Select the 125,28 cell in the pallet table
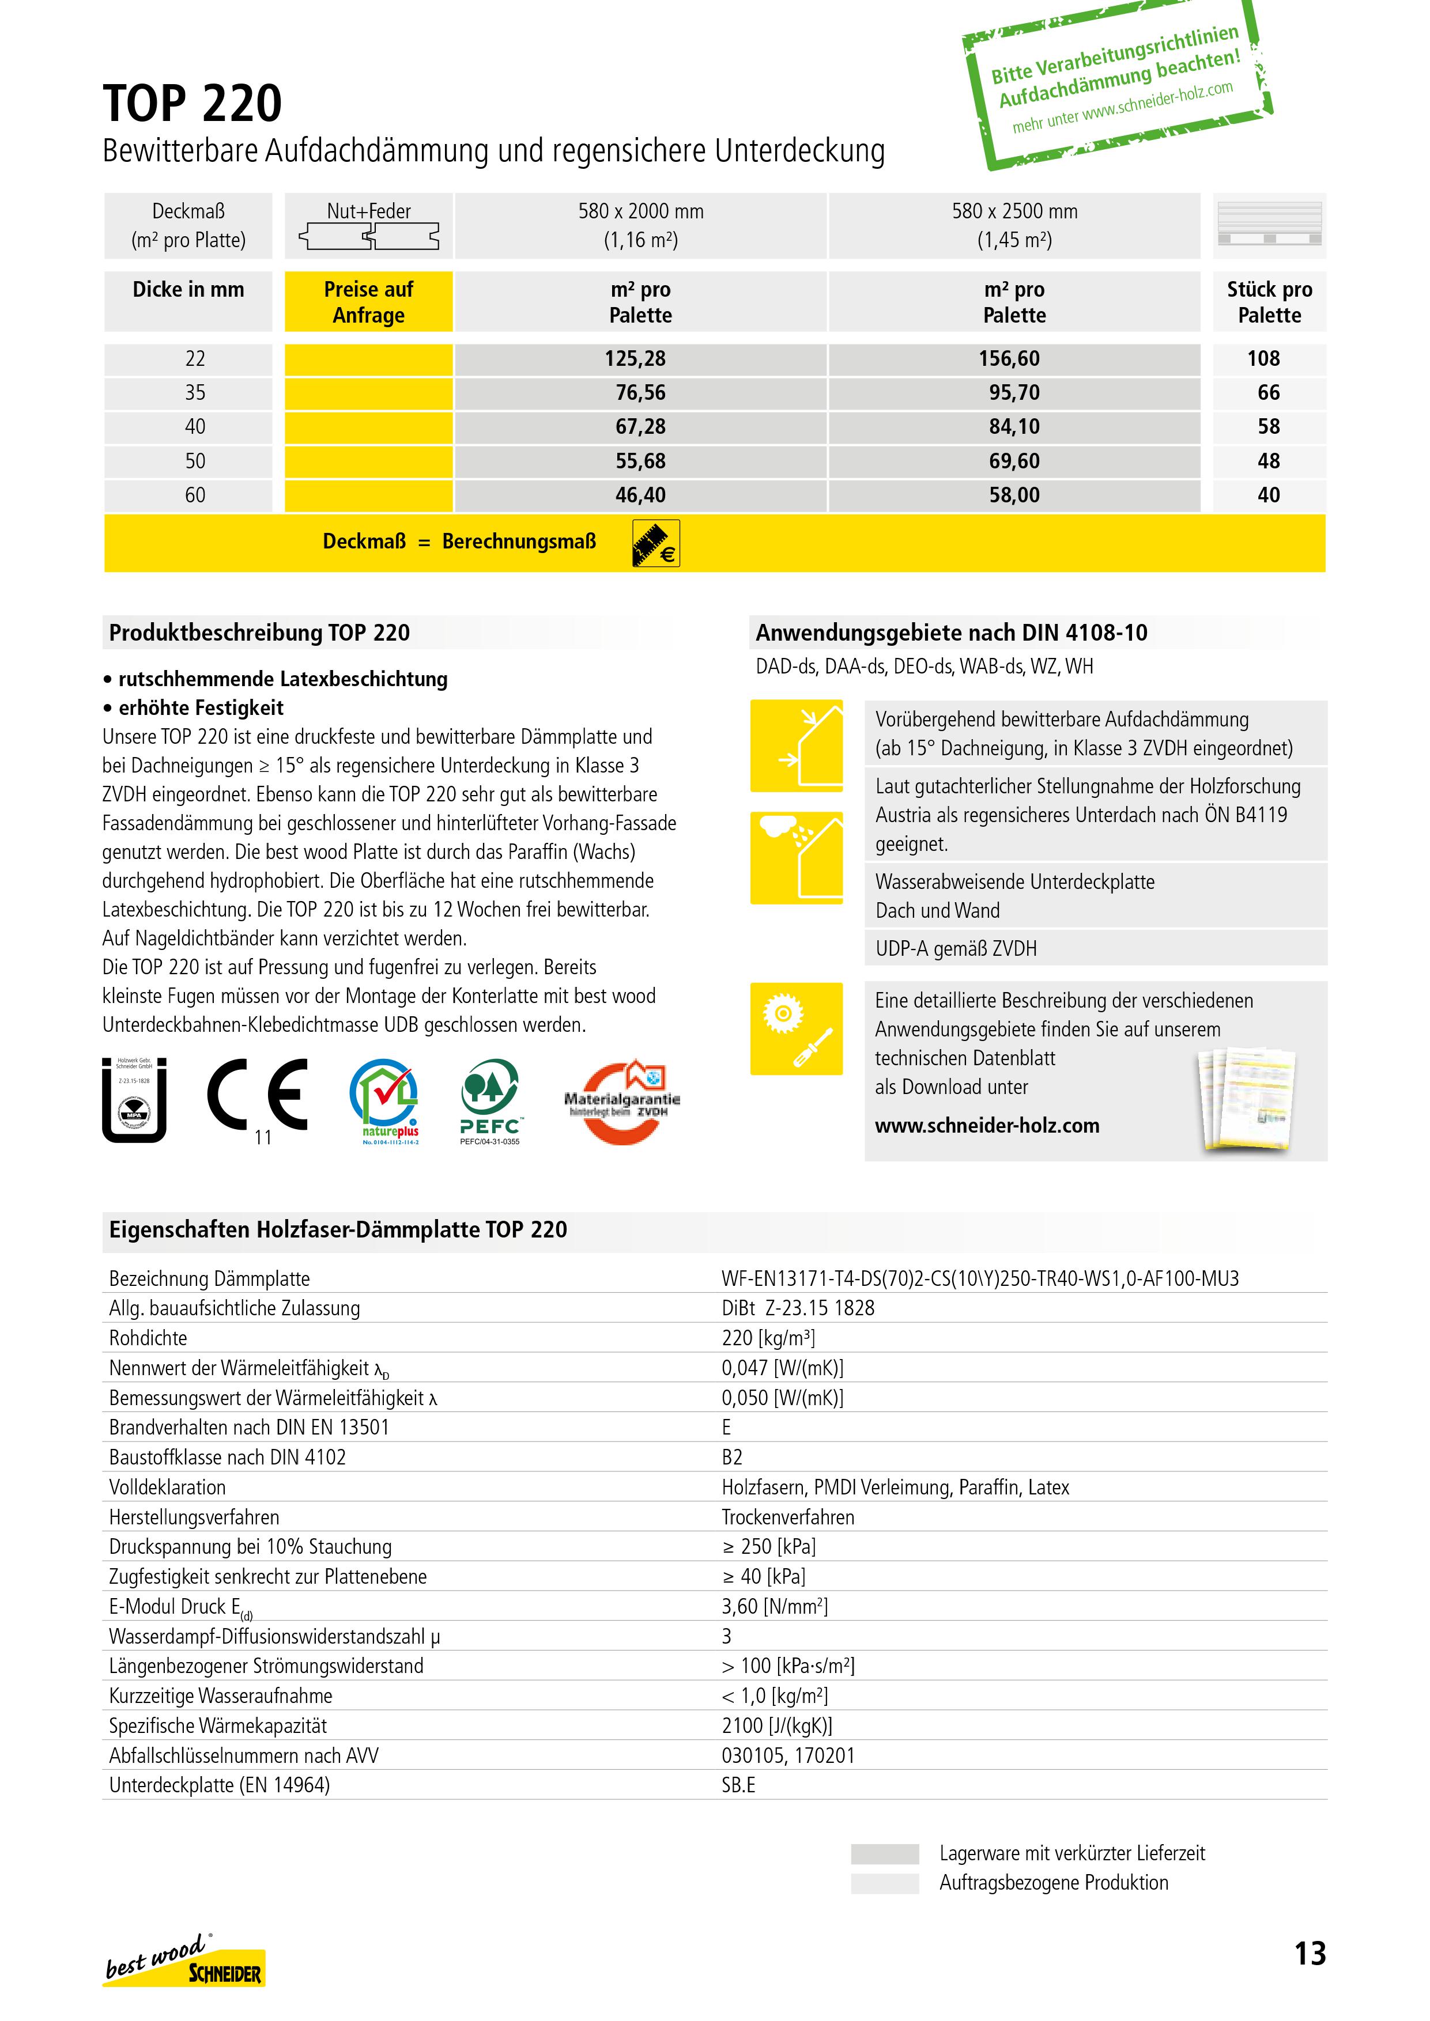(x=640, y=359)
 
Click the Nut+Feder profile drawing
(x=369, y=236)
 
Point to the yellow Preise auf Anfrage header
(x=368, y=302)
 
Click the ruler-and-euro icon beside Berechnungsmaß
(x=656, y=543)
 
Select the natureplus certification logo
(x=384, y=1100)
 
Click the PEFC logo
(x=489, y=1100)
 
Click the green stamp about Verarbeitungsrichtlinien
(x=1116, y=83)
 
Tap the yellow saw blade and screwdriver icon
(x=796, y=1028)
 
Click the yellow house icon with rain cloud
(x=796, y=857)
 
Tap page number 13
(x=1310, y=1953)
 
